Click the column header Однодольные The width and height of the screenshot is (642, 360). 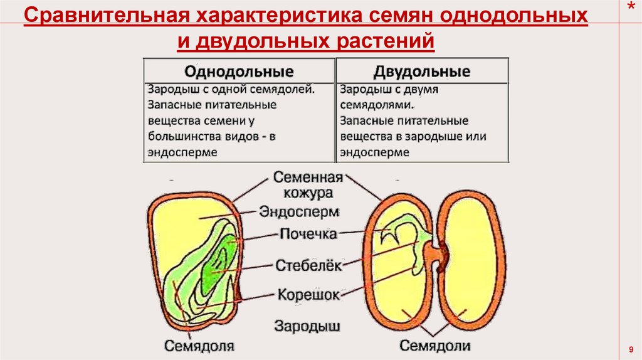[239, 70]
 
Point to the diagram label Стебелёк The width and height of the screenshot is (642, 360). [308, 265]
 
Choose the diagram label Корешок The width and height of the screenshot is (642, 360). [308, 294]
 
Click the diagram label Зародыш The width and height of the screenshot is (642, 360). [307, 326]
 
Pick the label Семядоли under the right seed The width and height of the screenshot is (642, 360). [435, 346]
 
